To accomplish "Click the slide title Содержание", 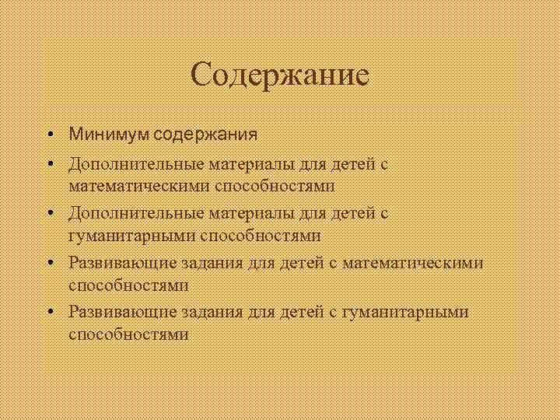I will coord(279,75).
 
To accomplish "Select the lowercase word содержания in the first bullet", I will coord(205,135).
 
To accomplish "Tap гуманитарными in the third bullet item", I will coord(129,235).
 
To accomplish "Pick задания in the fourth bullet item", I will coord(207,263).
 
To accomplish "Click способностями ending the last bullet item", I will coord(128,334).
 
